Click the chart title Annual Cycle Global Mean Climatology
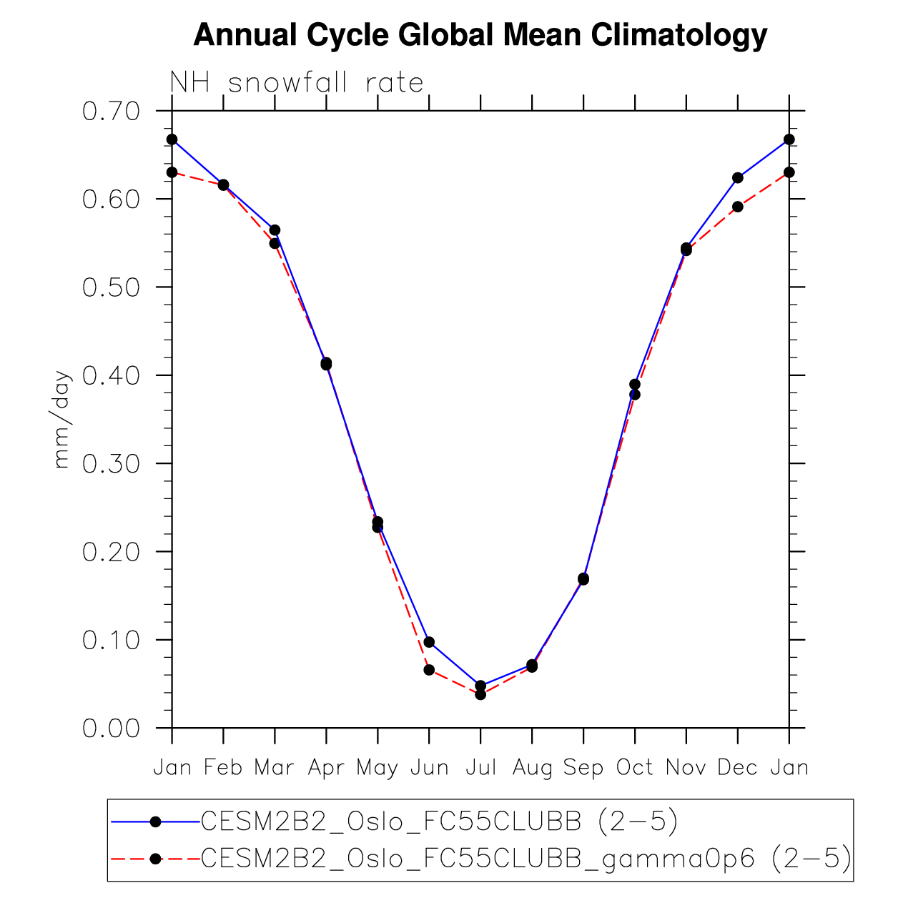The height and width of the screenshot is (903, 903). tap(480, 35)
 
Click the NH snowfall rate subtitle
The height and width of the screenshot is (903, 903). tap(297, 83)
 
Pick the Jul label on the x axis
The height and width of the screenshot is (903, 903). tap(480, 768)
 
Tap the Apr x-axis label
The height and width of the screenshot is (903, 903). tap(326, 768)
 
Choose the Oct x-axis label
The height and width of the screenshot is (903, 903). tap(635, 768)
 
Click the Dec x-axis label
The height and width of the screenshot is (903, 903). tap(737, 768)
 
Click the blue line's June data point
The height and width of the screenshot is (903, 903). tap(429, 642)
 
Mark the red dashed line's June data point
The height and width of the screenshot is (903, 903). tap(429, 670)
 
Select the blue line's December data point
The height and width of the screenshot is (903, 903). tap(738, 177)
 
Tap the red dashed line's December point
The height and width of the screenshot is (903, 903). tap(738, 207)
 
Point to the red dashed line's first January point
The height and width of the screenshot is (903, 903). tap(172, 172)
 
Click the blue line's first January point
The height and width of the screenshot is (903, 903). tap(172, 139)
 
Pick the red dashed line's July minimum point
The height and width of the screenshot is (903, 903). tap(480, 694)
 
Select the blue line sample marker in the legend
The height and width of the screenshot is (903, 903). tap(155, 822)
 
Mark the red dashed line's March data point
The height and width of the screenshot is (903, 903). tap(275, 243)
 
